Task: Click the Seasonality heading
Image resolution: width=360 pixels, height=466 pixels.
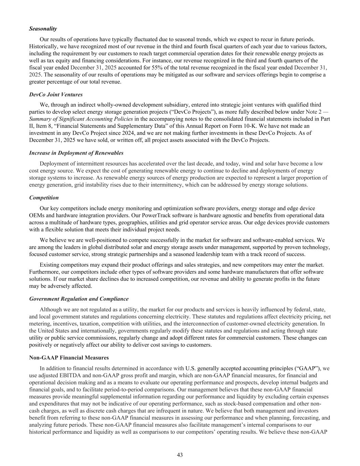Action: pos(43,29)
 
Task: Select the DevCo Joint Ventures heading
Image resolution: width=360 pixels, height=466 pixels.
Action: pos(56,95)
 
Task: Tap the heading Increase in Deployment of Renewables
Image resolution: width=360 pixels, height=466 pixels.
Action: pos(76,153)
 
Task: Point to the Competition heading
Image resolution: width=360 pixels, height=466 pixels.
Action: pos(44,198)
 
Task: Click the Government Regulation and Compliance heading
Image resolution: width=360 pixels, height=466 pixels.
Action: pos(79,299)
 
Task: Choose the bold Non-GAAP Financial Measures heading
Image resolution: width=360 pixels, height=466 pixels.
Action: pos(69,358)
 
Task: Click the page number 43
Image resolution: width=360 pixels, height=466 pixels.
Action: pos(180,455)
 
